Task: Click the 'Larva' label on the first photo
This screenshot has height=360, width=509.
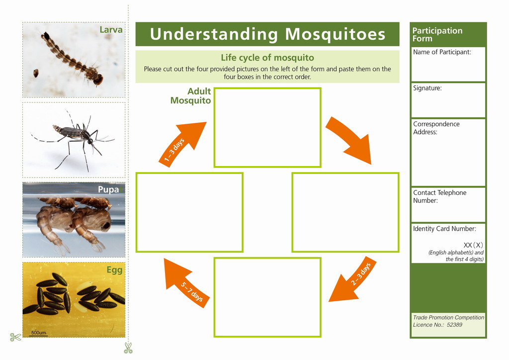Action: [x=111, y=29]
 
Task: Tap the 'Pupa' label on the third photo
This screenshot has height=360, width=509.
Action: [x=108, y=189]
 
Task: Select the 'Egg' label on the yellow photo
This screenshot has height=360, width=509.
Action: [x=115, y=270]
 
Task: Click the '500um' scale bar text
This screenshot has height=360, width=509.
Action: [x=38, y=333]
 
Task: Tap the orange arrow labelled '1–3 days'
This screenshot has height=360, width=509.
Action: [x=182, y=144]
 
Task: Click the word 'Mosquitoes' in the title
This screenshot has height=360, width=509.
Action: [x=335, y=34]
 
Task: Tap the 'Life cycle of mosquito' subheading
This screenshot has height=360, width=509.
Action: [x=267, y=58]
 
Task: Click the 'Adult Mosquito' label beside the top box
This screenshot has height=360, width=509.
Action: [x=190, y=96]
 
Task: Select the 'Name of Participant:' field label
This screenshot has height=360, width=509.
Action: [x=442, y=52]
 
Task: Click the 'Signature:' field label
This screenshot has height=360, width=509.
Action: [x=427, y=88]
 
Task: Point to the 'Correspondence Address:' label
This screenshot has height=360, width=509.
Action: [x=436, y=128]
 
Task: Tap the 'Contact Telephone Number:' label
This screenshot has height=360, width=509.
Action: [x=439, y=196]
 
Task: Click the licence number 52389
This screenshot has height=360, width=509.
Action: [x=454, y=325]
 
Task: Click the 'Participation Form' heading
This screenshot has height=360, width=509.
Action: [x=437, y=34]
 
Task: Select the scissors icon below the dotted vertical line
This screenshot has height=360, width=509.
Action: [x=128, y=348]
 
